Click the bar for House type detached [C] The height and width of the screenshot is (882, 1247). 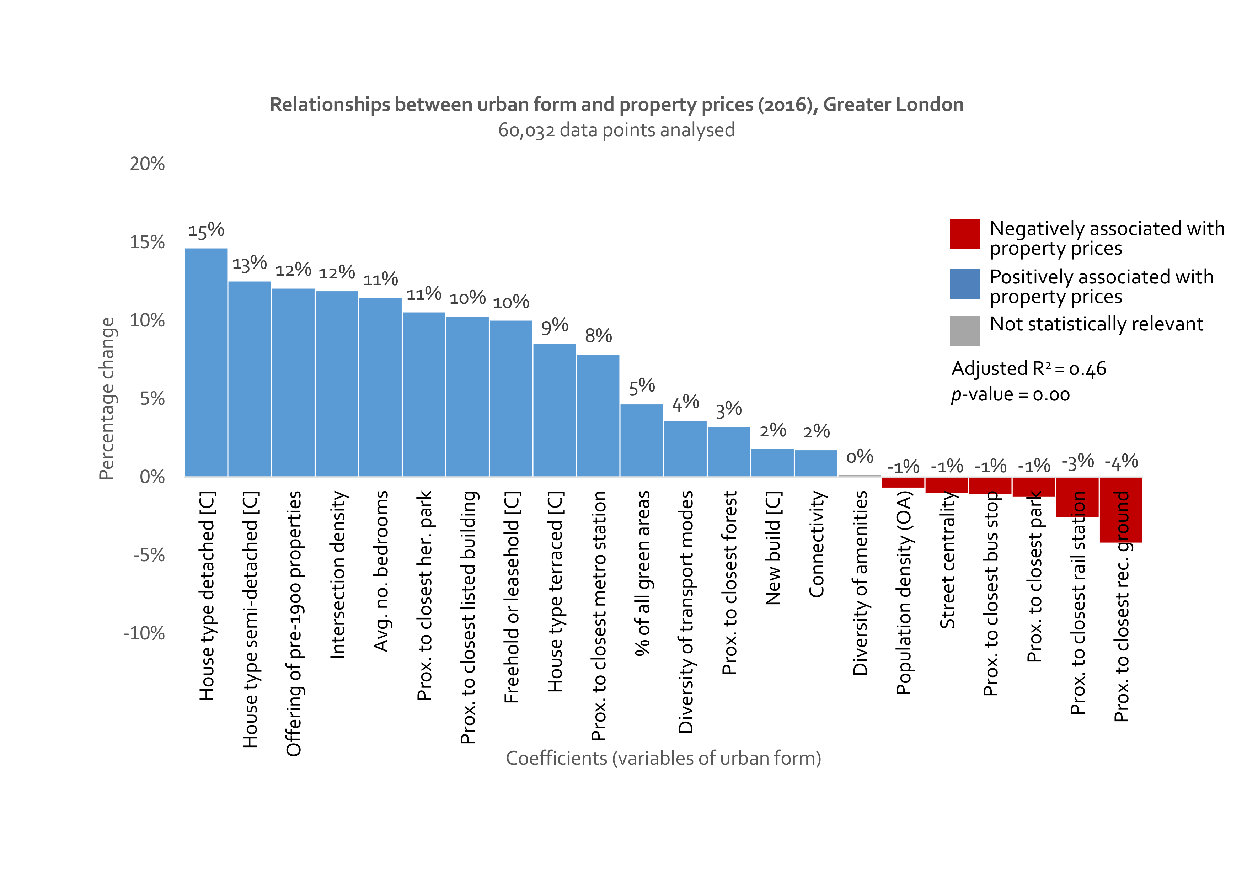206,362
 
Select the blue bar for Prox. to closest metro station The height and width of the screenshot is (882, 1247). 598,416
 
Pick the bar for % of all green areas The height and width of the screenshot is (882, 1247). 641,440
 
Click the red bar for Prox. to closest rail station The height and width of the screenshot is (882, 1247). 1077,497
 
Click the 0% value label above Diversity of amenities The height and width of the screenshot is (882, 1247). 860,457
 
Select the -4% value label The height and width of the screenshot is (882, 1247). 1121,462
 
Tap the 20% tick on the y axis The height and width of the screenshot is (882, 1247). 147,164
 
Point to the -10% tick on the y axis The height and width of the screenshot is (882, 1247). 144,633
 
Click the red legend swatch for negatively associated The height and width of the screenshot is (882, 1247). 965,234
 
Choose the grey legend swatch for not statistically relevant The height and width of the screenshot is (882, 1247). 965,330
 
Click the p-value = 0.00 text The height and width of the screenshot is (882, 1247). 1010,394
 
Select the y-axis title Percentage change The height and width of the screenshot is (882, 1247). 107,398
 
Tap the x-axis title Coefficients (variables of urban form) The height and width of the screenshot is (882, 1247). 663,758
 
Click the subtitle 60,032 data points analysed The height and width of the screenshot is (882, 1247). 616,131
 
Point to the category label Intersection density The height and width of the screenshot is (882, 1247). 338,574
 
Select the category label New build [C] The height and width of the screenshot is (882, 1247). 773,548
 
